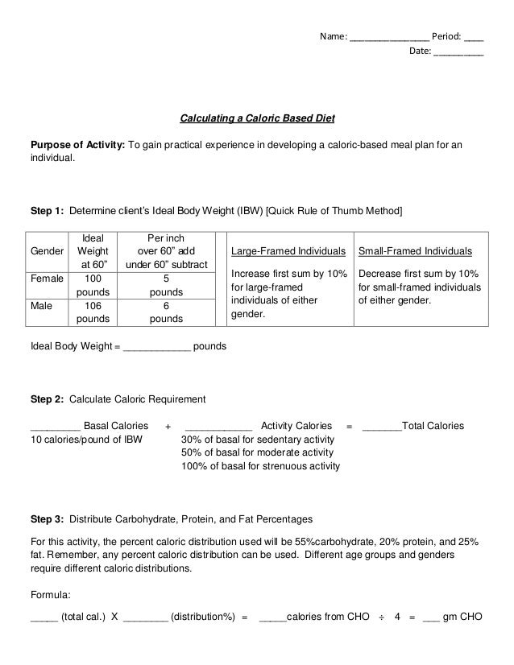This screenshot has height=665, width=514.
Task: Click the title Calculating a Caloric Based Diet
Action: click(256, 119)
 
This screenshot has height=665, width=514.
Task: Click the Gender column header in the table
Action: click(47, 251)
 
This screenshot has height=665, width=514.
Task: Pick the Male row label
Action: click(41, 305)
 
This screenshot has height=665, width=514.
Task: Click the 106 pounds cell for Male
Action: click(93, 312)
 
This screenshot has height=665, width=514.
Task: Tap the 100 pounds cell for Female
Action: click(93, 285)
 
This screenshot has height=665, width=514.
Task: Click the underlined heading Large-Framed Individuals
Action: click(288, 251)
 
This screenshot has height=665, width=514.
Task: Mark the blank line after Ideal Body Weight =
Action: click(156, 347)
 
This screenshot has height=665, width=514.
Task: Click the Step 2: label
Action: click(47, 399)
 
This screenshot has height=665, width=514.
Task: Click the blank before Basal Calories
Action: click(54, 426)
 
